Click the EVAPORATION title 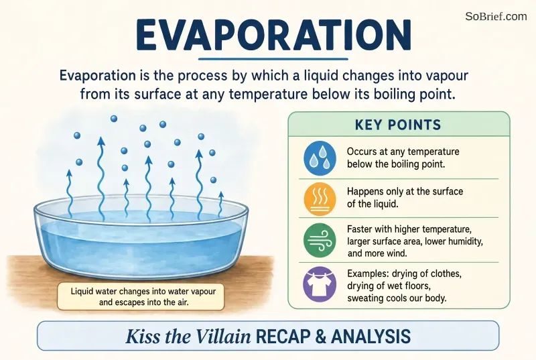pyautogui.click(x=273, y=35)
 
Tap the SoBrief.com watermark pyautogui.click(x=496, y=16)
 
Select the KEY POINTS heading pyautogui.click(x=398, y=125)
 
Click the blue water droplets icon pyautogui.click(x=320, y=158)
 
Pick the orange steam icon pyautogui.click(x=320, y=199)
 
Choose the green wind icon pyautogui.click(x=320, y=240)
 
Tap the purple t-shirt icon pyautogui.click(x=320, y=284)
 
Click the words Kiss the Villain pyautogui.click(x=188, y=337)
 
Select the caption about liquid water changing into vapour pyautogui.click(x=143, y=297)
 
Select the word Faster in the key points pyautogui.click(x=360, y=229)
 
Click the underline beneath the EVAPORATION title pyautogui.click(x=273, y=59)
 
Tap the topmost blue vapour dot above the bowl pyautogui.click(x=114, y=119)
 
